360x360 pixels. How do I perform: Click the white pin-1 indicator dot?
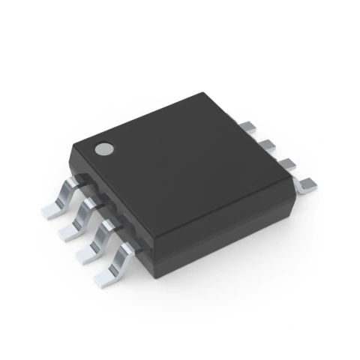point(104,148)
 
